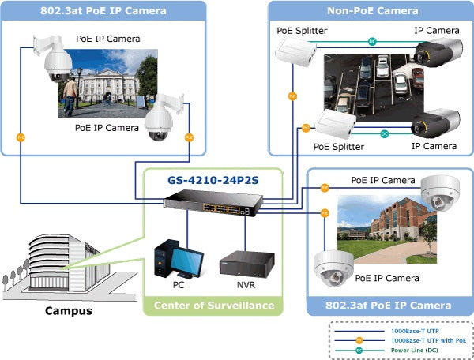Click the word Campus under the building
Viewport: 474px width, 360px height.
[68, 310]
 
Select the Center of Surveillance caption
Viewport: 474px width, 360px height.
[213, 306]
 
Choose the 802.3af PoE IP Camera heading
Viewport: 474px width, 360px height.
[389, 306]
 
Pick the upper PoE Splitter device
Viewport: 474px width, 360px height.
[295, 53]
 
